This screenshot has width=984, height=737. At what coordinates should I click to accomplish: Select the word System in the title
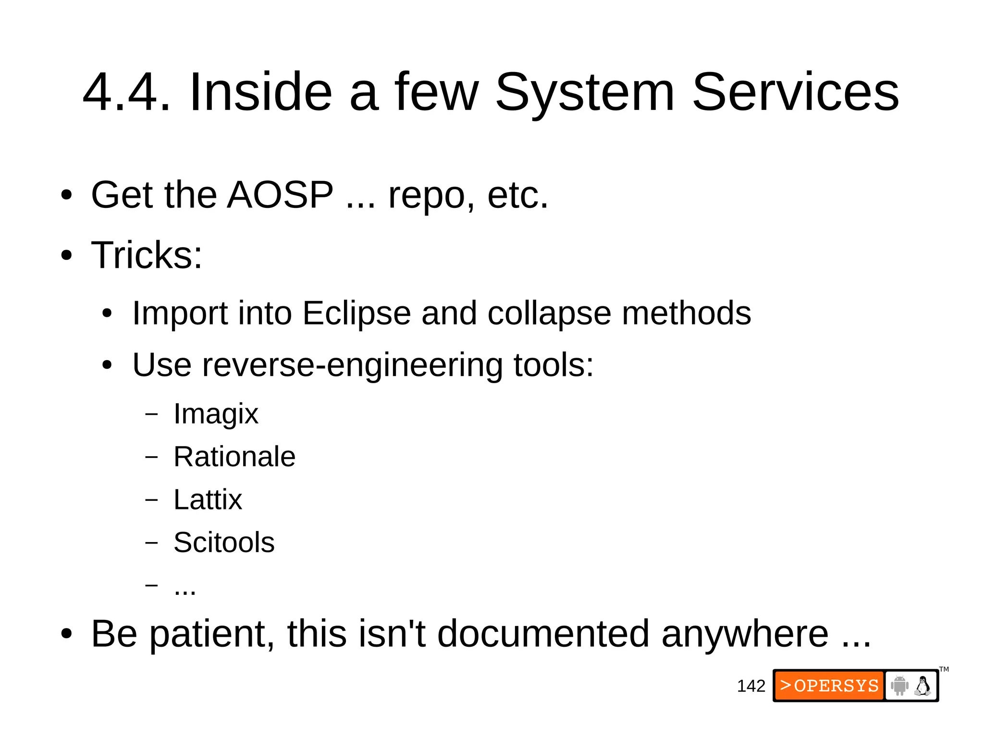[x=585, y=92]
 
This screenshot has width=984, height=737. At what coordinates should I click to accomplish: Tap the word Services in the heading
[x=795, y=92]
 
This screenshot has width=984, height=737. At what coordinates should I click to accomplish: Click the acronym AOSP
[x=280, y=195]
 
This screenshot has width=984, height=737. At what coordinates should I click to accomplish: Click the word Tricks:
[x=147, y=255]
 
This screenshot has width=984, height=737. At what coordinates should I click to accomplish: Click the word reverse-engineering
[x=353, y=365]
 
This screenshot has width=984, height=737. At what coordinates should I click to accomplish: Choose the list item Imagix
[x=216, y=414]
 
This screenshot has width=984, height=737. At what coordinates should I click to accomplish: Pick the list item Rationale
[x=234, y=457]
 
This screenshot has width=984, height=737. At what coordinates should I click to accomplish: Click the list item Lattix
[x=208, y=500]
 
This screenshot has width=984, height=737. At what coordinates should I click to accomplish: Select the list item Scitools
[x=224, y=543]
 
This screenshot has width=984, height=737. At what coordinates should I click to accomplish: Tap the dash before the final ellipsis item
[x=151, y=585]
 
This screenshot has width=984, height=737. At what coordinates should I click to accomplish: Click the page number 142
[x=750, y=686]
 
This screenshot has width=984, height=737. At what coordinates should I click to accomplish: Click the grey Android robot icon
[x=899, y=686]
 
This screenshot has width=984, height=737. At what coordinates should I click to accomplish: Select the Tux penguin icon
[x=922, y=686]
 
